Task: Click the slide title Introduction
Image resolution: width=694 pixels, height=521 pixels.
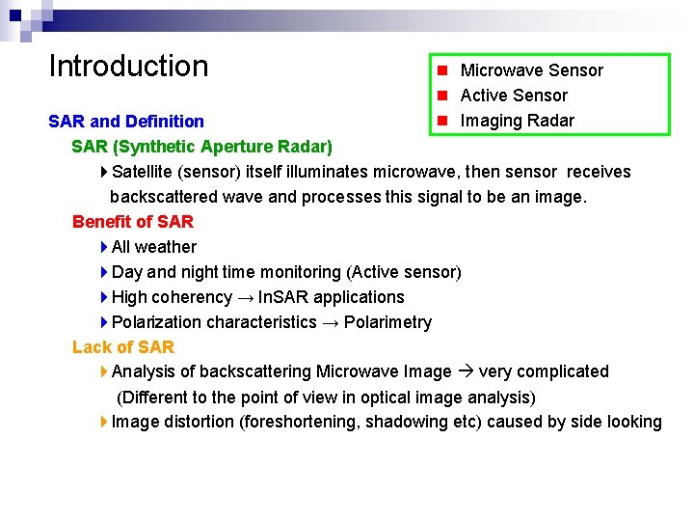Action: click(128, 67)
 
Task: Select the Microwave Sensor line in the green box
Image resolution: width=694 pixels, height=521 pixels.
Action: click(531, 70)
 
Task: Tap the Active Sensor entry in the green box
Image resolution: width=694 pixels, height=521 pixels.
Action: click(514, 96)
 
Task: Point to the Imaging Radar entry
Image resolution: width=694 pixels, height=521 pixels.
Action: click(517, 121)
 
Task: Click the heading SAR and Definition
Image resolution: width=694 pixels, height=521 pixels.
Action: click(126, 122)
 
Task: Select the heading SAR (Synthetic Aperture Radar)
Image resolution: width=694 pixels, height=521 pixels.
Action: click(202, 147)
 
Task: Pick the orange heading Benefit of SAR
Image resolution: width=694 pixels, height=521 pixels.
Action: click(133, 222)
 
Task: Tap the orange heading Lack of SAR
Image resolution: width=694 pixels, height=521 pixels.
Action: click(123, 346)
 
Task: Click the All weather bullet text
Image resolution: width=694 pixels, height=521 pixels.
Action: click(154, 247)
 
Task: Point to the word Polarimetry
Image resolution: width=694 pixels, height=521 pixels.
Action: click(387, 322)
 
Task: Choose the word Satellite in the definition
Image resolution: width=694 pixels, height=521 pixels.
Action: click(144, 172)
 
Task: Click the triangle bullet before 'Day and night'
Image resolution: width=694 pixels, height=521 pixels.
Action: click(104, 272)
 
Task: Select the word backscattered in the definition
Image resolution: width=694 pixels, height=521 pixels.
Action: click(162, 197)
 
